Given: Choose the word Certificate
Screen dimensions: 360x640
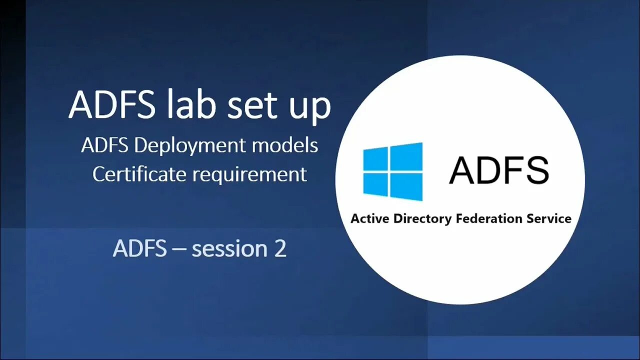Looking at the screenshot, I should pos(139,174).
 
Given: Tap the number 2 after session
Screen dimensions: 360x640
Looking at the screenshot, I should pos(280,249).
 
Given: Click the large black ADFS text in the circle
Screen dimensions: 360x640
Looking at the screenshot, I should pos(498,170).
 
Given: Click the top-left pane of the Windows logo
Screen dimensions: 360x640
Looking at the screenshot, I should pos(375,159).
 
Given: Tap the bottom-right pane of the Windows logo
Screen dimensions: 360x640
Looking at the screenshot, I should pos(406,187).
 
